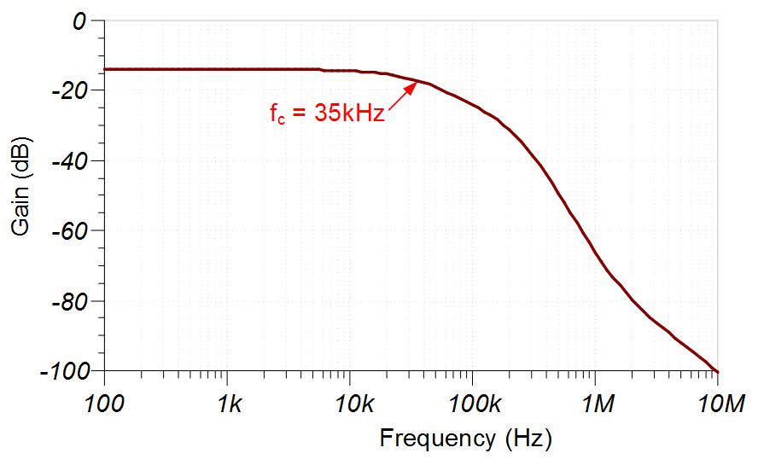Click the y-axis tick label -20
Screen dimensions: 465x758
click(68, 90)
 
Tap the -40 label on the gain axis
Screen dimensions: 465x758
click(68, 160)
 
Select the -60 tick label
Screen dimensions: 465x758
click(68, 230)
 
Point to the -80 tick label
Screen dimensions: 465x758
click(68, 301)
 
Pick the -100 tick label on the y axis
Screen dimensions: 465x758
click(63, 371)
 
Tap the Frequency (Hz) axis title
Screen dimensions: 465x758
click(466, 439)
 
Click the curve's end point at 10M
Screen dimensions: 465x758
click(717, 371)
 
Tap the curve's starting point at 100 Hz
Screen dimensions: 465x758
click(105, 69)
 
